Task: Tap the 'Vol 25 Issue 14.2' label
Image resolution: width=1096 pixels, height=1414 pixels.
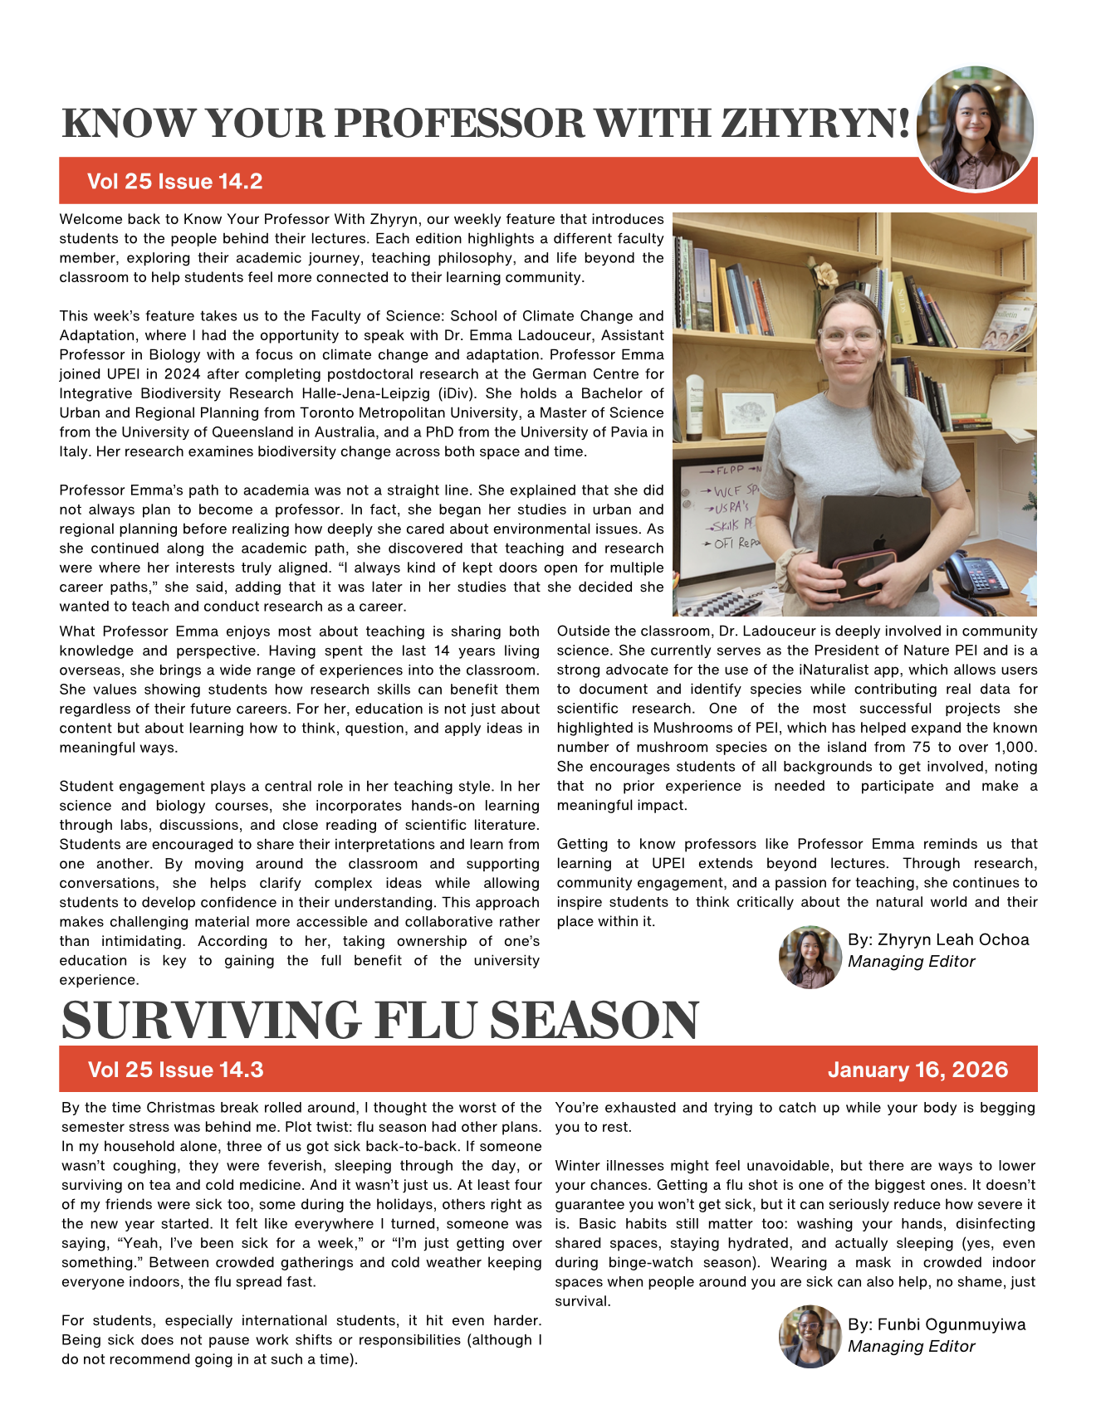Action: point(174,182)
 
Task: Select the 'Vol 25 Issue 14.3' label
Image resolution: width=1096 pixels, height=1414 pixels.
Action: point(175,1070)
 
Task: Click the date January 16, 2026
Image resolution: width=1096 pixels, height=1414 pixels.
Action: point(917,1070)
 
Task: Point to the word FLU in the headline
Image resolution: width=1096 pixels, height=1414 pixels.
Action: point(429,1020)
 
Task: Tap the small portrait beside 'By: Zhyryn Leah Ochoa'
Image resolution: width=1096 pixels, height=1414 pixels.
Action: point(810,957)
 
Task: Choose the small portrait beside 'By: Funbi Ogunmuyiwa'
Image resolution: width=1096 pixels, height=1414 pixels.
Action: point(810,1336)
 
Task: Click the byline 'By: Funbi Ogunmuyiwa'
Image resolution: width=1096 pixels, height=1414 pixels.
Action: point(937,1324)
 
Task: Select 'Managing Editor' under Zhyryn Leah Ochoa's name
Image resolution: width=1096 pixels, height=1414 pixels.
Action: point(911,962)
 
